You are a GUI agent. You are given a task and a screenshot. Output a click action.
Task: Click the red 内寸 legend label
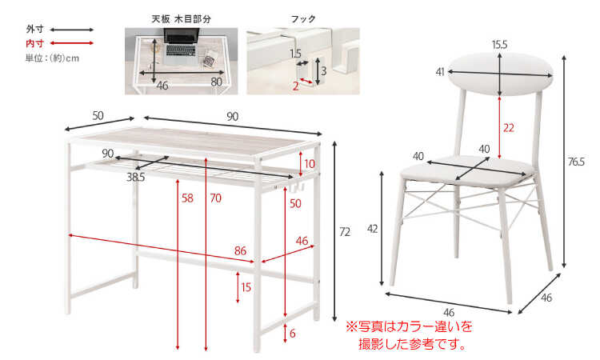point(35,43)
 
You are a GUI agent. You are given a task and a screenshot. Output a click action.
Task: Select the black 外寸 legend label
point(35,29)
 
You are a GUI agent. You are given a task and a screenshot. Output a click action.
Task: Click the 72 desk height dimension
point(344,232)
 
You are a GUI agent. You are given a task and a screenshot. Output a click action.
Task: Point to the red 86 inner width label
point(240,250)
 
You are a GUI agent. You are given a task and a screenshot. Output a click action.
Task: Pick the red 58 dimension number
point(187,198)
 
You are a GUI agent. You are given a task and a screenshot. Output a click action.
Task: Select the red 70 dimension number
point(216,198)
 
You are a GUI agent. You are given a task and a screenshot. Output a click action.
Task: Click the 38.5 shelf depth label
point(136,178)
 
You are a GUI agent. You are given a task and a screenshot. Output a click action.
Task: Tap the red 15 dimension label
point(246,287)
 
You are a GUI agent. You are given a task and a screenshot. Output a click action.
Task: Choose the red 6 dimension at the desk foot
point(292,334)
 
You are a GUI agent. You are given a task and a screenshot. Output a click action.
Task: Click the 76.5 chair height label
point(576,162)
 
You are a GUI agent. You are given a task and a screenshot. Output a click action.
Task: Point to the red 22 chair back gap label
point(508,128)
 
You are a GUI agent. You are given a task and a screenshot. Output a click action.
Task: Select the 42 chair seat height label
point(372,229)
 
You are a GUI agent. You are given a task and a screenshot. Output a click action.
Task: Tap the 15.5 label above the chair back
point(499,45)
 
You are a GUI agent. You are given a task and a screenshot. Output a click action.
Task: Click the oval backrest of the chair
point(501,74)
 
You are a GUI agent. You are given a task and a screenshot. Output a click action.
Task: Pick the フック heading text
point(303,18)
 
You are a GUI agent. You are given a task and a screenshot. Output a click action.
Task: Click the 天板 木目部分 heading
point(181,18)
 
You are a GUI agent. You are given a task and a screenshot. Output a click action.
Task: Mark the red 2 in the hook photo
point(295,86)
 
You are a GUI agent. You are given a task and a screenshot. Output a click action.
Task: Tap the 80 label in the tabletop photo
point(216,82)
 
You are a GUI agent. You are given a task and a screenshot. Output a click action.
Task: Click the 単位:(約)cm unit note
point(52,58)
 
